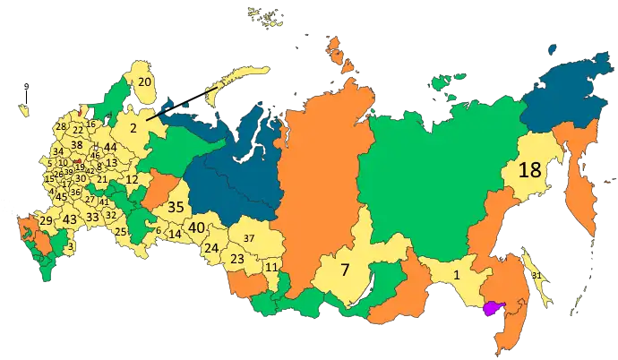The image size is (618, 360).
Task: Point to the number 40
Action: pos(197,228)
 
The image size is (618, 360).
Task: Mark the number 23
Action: pos(237,259)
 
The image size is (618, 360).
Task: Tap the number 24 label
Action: pos(211,248)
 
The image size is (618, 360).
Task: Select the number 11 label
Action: pos(270,268)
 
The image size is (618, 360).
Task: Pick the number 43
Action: pos(69,219)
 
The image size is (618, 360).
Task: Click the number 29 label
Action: pos(45,220)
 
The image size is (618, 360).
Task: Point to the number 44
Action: pos(110,147)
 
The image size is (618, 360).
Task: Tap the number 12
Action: pos(132,180)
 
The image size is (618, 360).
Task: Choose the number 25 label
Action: pos(121,232)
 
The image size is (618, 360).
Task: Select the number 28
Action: pos(61,126)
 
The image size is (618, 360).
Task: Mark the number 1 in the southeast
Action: pos(458,275)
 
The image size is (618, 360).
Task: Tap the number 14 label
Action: pos(176,234)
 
